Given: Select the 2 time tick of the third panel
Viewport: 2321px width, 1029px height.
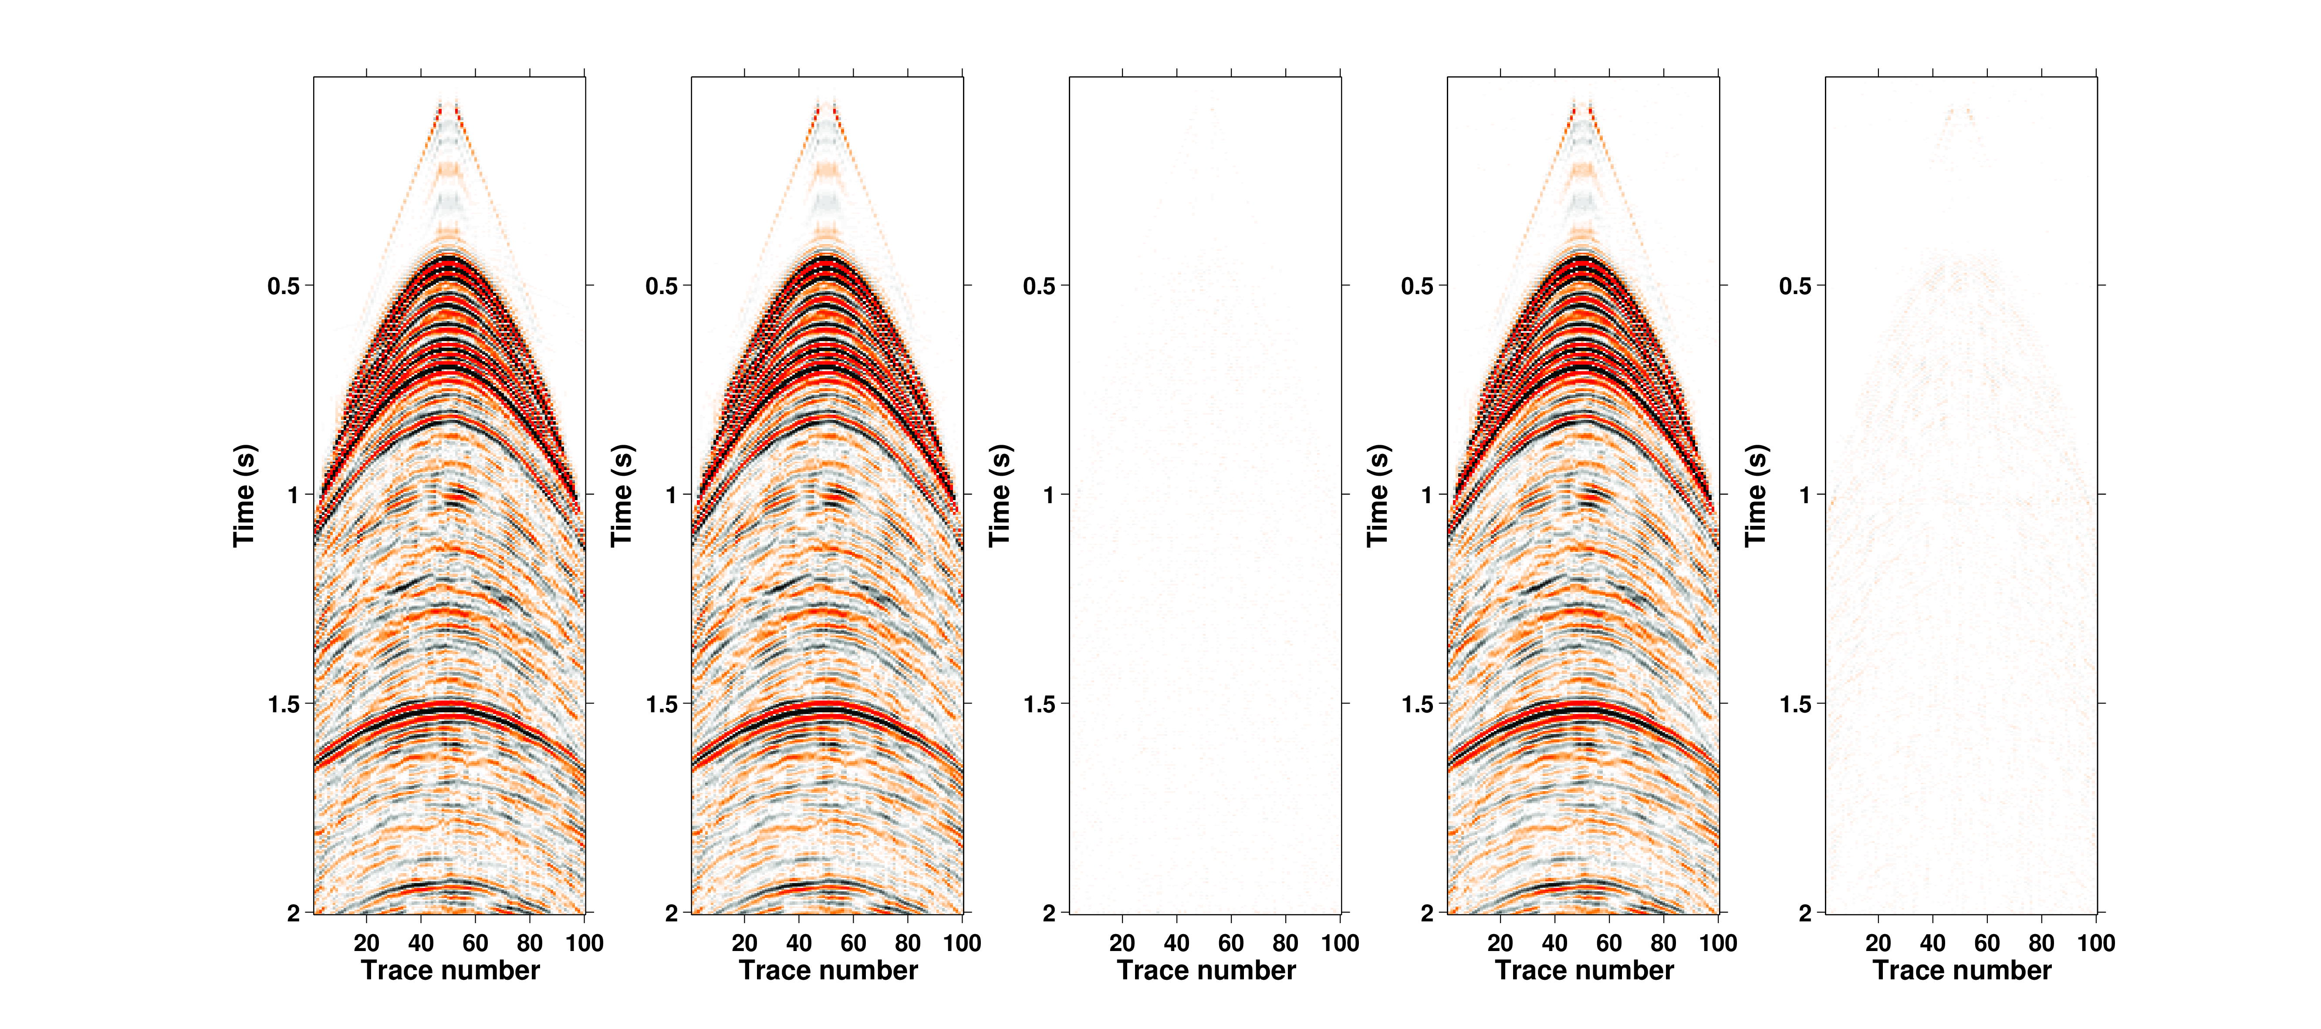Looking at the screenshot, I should pos(1049,913).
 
